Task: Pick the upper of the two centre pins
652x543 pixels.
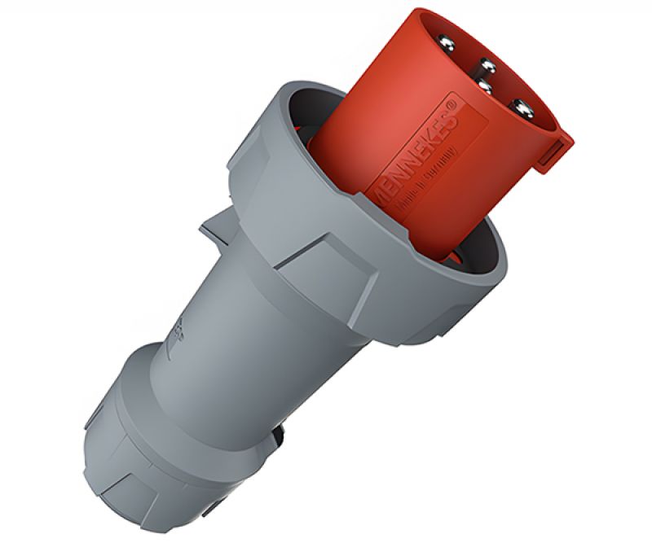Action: [487, 65]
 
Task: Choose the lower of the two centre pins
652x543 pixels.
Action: [484, 84]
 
